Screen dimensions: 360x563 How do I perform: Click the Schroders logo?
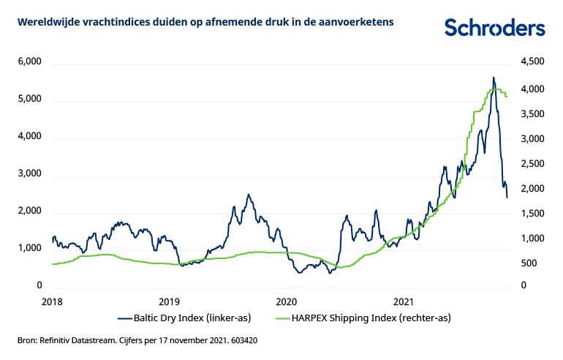[495, 28]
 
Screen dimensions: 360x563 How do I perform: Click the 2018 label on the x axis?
[52, 301]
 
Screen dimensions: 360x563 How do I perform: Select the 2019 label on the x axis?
[169, 301]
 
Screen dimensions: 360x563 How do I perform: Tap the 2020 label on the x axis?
[286, 301]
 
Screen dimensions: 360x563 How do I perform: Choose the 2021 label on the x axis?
[404, 301]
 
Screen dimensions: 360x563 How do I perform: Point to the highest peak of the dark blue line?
[493, 78]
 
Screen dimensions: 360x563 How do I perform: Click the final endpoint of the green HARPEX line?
[507, 96]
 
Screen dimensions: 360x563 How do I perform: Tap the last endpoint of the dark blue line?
[507, 197]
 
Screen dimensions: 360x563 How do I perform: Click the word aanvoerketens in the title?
[362, 23]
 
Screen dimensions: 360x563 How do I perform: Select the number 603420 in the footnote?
[241, 340]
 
